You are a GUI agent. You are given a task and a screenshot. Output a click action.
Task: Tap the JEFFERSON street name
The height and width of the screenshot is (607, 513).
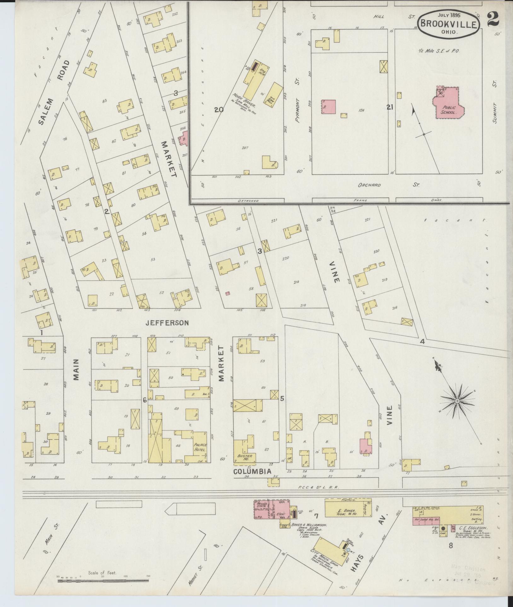167,323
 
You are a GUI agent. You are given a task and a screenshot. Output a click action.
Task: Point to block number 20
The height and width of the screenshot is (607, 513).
219,110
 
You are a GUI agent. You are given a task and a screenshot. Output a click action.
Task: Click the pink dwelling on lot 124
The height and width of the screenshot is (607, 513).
328,107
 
